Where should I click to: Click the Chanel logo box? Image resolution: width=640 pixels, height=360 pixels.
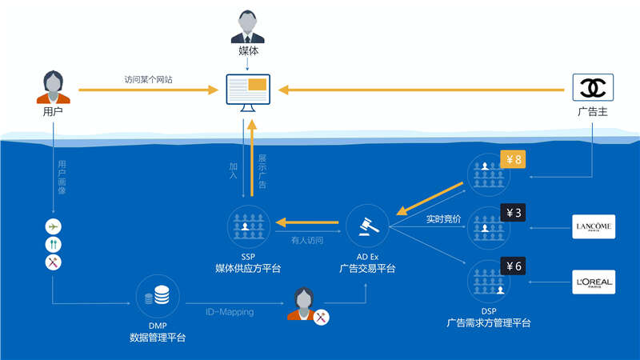tap(593, 86)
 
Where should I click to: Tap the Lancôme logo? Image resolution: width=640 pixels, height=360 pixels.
tap(594, 227)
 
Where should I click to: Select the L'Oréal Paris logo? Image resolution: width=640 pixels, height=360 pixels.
tap(594, 282)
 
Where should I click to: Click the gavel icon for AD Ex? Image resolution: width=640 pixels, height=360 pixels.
tap(367, 224)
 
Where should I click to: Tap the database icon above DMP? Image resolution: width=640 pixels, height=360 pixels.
tap(158, 296)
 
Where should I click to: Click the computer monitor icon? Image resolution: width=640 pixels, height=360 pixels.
tap(247, 90)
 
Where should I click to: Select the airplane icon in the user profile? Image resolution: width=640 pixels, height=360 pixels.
tap(53, 226)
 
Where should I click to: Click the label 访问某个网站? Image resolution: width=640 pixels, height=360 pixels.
tap(149, 79)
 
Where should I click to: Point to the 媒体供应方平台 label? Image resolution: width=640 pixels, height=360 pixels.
tap(248, 268)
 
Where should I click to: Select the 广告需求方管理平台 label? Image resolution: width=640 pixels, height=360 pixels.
tap(489, 322)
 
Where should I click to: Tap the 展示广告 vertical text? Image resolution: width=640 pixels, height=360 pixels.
tap(262, 171)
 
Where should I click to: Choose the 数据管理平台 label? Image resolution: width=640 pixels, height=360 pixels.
tap(158, 338)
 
